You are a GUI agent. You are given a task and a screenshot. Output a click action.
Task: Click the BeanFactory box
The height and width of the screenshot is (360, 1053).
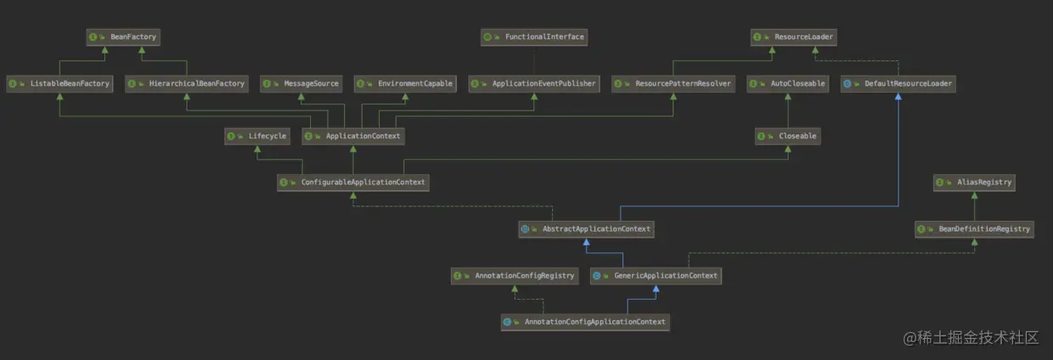(x=123, y=37)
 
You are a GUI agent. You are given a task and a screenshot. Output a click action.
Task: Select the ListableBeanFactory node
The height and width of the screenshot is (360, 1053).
(x=59, y=84)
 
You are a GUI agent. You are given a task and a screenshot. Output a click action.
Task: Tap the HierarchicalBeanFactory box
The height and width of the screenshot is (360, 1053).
(x=187, y=84)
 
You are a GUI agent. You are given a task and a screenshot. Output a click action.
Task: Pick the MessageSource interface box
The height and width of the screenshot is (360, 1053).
(x=301, y=84)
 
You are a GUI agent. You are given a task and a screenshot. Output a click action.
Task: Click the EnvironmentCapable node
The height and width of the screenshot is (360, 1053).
(x=405, y=84)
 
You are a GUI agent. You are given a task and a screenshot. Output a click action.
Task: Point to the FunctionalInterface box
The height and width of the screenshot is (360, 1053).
(x=534, y=37)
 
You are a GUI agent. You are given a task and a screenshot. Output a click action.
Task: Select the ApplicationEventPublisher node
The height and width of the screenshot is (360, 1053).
(x=534, y=84)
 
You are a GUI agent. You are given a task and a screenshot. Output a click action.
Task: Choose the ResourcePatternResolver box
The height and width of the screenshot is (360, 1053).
(x=673, y=84)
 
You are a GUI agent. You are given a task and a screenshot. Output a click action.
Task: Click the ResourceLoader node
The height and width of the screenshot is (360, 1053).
(x=793, y=37)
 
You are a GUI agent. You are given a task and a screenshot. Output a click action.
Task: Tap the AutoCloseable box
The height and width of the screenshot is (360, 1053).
(x=788, y=84)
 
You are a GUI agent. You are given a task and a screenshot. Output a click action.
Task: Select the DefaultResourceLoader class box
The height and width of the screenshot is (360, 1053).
(x=898, y=84)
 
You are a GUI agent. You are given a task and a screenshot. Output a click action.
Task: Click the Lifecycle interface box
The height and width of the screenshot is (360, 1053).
(x=257, y=137)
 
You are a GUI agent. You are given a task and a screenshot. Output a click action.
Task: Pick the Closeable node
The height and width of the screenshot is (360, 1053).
(x=788, y=137)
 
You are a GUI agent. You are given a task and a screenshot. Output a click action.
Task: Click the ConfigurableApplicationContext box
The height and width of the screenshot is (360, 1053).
(x=353, y=183)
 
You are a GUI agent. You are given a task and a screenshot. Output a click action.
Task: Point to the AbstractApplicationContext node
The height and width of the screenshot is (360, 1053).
(x=586, y=229)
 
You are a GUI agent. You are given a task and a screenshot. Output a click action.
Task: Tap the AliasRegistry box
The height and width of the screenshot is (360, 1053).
(x=975, y=183)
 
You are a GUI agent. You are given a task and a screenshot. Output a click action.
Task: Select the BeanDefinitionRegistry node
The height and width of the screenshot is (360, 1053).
(x=975, y=229)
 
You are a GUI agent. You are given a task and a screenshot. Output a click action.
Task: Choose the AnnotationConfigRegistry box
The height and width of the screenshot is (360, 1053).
(x=515, y=276)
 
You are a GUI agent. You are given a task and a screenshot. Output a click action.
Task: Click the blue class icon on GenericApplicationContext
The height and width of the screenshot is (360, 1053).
(x=596, y=276)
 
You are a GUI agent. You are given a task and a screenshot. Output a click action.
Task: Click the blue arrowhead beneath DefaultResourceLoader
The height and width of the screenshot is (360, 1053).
(x=898, y=97)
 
